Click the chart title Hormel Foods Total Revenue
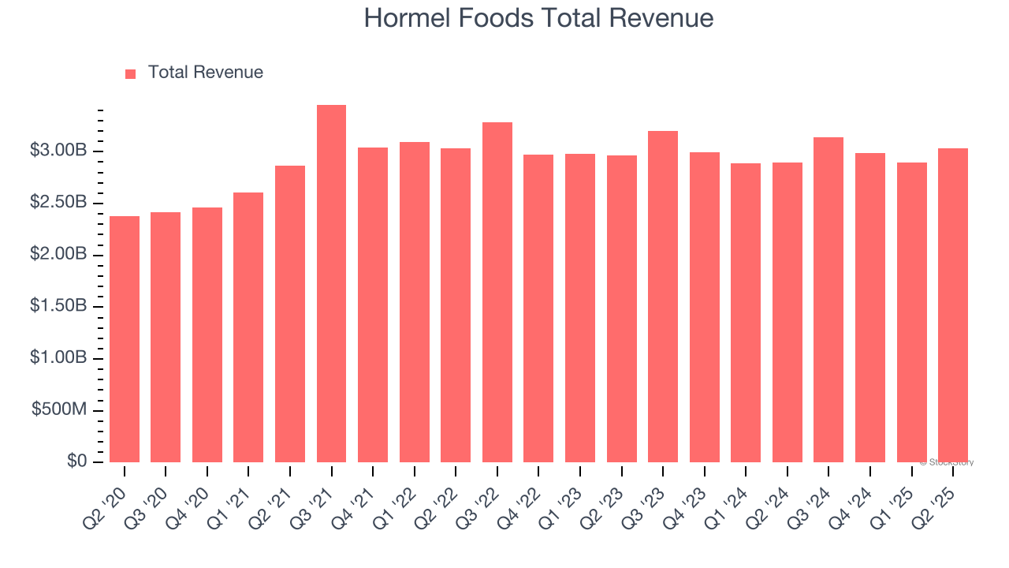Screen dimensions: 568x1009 pos(538,18)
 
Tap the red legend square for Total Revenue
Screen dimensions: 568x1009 pos(131,73)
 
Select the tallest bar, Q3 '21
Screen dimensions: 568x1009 pos(331,284)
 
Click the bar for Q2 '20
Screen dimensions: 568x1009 pos(125,339)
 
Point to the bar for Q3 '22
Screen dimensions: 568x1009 pos(497,292)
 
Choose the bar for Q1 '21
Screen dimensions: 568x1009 pos(248,327)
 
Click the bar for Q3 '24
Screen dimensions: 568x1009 pos(828,300)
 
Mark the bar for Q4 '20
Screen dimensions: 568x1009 pos(207,334)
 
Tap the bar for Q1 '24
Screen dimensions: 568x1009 pos(746,312)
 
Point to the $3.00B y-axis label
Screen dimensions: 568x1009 pos(58,151)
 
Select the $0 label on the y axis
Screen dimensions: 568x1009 pos(76,461)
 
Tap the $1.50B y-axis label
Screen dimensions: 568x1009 pos(58,306)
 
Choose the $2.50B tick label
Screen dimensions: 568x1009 pos(58,203)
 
